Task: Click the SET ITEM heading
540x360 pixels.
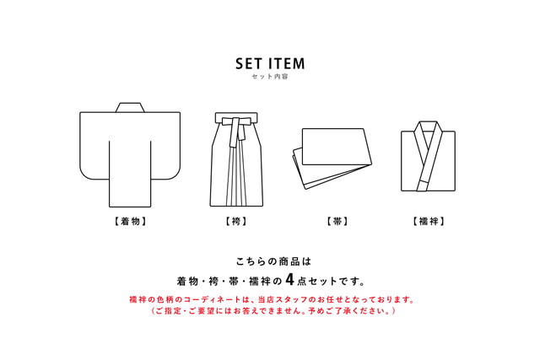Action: click(270, 63)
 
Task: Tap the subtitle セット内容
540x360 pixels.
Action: click(270, 78)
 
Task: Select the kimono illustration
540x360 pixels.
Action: click(130, 156)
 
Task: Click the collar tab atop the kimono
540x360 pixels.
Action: click(129, 107)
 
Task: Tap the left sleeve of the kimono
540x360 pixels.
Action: click(94, 143)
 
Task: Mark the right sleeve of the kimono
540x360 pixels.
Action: click(166, 143)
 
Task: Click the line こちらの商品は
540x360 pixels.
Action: click(269, 261)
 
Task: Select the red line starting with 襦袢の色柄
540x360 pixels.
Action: click(270, 299)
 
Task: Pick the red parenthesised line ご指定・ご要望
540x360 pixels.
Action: click(270, 311)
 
